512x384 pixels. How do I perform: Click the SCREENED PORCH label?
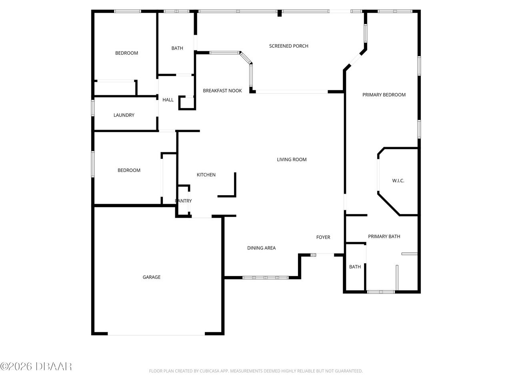pos(288,46)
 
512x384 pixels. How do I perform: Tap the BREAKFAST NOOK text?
pos(222,91)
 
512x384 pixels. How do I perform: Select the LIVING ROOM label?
pos(292,160)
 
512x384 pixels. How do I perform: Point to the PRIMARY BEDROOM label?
pos(384,95)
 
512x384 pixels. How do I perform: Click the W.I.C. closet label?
pos(398,181)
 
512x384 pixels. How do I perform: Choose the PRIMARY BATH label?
pos(384,236)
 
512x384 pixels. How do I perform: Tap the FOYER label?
pos(323,237)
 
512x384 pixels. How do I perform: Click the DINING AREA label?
pos(261,248)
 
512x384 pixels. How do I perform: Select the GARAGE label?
pos(152,277)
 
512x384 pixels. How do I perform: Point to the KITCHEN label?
pos(206,175)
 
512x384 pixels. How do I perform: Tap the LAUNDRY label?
pos(124,115)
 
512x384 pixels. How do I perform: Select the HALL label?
pos(168,100)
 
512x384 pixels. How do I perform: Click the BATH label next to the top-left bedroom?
pos(177,48)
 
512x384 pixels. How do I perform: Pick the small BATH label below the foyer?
pos(355,267)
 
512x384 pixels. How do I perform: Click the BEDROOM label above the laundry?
pos(126,53)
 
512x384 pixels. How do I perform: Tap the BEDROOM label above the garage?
pos(129,170)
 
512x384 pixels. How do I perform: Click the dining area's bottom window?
pos(265,277)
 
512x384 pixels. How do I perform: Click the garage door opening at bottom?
pos(156,334)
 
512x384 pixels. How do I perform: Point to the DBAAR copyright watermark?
pos(36,366)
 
